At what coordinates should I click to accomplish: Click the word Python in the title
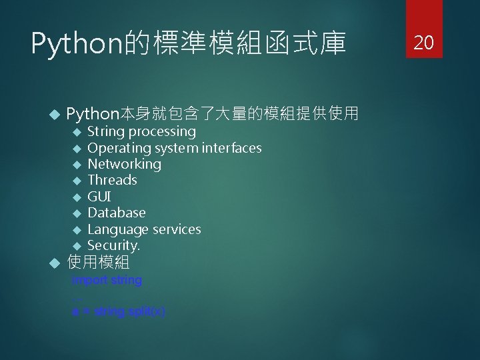pyautogui.click(x=73, y=45)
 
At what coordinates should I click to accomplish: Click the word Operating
pyautogui.click(x=119, y=148)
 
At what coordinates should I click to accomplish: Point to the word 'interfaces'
pyautogui.click(x=233, y=148)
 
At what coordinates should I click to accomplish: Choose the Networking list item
pyautogui.click(x=125, y=164)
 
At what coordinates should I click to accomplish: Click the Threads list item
pyautogui.click(x=112, y=180)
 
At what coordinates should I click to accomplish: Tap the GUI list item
pyautogui.click(x=99, y=197)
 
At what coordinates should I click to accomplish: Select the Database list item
pyautogui.click(x=117, y=213)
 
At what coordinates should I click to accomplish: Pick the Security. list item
pyautogui.click(x=114, y=245)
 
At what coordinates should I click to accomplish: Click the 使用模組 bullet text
pyautogui.click(x=98, y=262)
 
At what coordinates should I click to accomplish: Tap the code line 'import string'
pyautogui.click(x=107, y=280)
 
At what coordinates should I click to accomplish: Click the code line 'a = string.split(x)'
pyautogui.click(x=119, y=311)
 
